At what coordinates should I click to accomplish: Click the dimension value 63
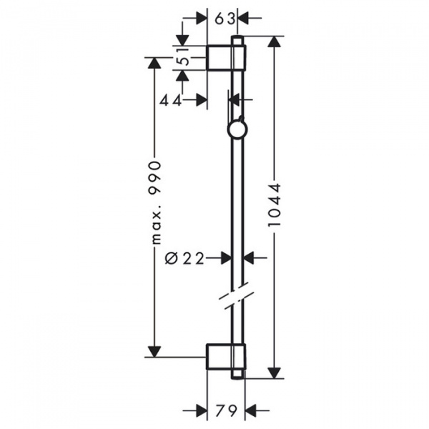click(225, 19)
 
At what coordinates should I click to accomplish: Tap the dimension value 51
click(184, 57)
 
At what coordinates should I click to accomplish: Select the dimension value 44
click(170, 100)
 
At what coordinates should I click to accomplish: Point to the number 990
click(154, 178)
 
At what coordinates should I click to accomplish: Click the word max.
click(156, 224)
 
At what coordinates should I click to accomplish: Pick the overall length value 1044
click(275, 204)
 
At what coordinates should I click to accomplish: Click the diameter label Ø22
click(184, 258)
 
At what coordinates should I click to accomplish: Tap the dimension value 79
click(226, 410)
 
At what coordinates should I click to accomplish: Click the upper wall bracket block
click(226, 57)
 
